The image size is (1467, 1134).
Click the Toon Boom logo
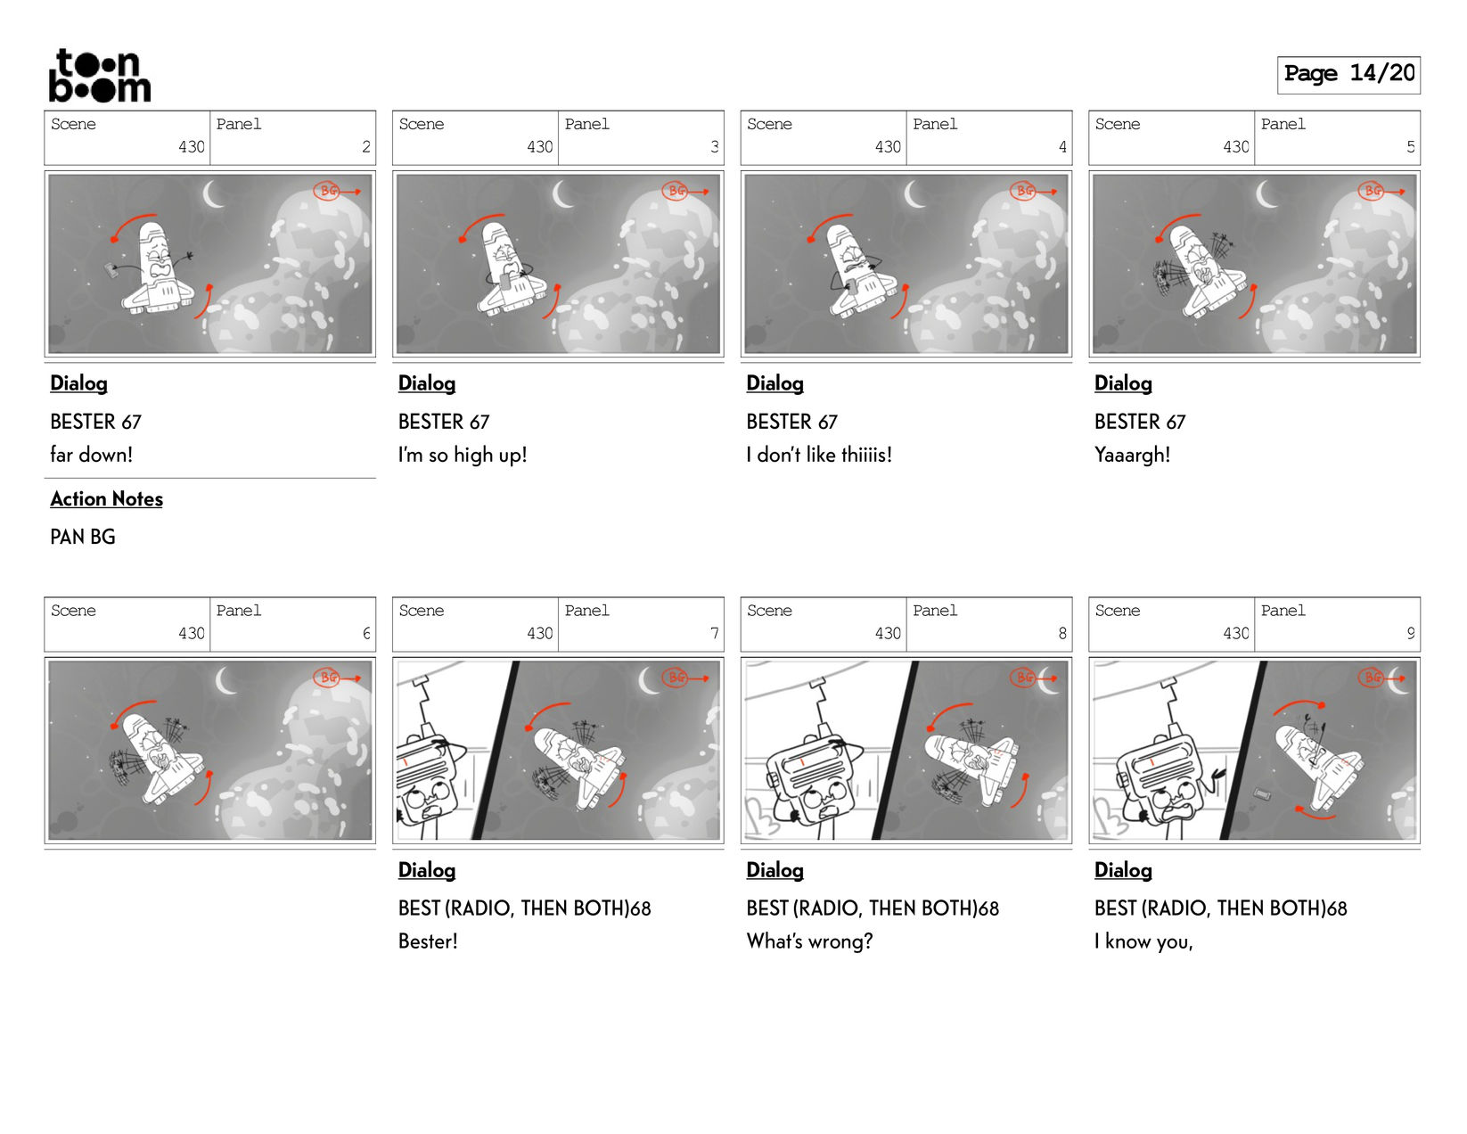(x=100, y=76)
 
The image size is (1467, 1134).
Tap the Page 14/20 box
(x=1348, y=74)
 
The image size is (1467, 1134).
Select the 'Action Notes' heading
(x=107, y=499)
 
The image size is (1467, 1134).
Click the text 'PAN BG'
(x=82, y=537)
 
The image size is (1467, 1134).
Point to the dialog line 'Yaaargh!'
(x=1132, y=455)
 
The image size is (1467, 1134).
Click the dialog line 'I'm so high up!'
(x=462, y=455)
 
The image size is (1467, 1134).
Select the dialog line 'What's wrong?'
(x=809, y=941)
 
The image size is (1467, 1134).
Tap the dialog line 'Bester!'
(x=427, y=941)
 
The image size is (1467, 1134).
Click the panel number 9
(x=1410, y=633)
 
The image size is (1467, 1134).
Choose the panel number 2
(x=366, y=146)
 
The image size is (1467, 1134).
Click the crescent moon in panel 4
(x=914, y=194)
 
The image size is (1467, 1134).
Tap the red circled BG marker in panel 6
(x=327, y=677)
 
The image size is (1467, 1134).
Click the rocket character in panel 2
(x=158, y=268)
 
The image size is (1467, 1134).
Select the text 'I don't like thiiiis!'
(x=819, y=455)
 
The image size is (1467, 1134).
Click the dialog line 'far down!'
(x=91, y=455)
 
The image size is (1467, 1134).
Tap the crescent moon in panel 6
(x=225, y=680)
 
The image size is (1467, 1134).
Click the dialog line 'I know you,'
(x=1143, y=941)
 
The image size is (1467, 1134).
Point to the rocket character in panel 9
(x=1316, y=766)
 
